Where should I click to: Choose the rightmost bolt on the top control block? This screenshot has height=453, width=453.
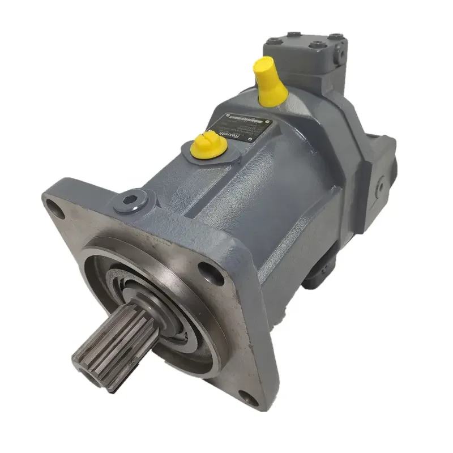click(337, 38)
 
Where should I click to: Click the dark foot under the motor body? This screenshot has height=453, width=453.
click(317, 277)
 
